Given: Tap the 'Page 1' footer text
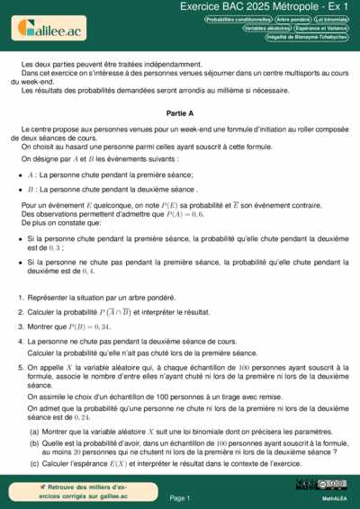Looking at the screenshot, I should click(180, 497).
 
